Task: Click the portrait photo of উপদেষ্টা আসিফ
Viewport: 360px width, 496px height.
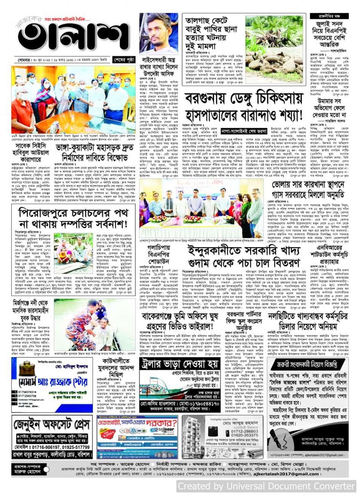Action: (158, 34)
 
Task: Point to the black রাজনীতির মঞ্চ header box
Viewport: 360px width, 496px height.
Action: (329, 16)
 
